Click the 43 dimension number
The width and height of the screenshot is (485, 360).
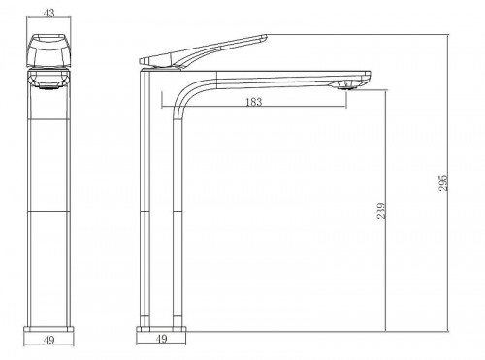pyautogui.click(x=48, y=13)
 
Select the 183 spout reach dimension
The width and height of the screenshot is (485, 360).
pyautogui.click(x=254, y=102)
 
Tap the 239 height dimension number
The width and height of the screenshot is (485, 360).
pyautogui.click(x=381, y=211)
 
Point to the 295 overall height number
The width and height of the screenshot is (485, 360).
pyautogui.click(x=443, y=182)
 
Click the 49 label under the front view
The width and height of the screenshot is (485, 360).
pyautogui.click(x=48, y=340)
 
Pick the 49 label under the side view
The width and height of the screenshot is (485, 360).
pyautogui.click(x=162, y=339)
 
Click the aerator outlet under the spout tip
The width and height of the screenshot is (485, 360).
pyautogui.click(x=346, y=85)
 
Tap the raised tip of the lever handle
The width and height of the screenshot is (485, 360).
pyautogui.click(x=265, y=38)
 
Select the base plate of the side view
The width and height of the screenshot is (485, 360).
pyautogui.click(x=161, y=329)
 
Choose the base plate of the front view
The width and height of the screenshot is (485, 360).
pyautogui.click(x=48, y=330)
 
